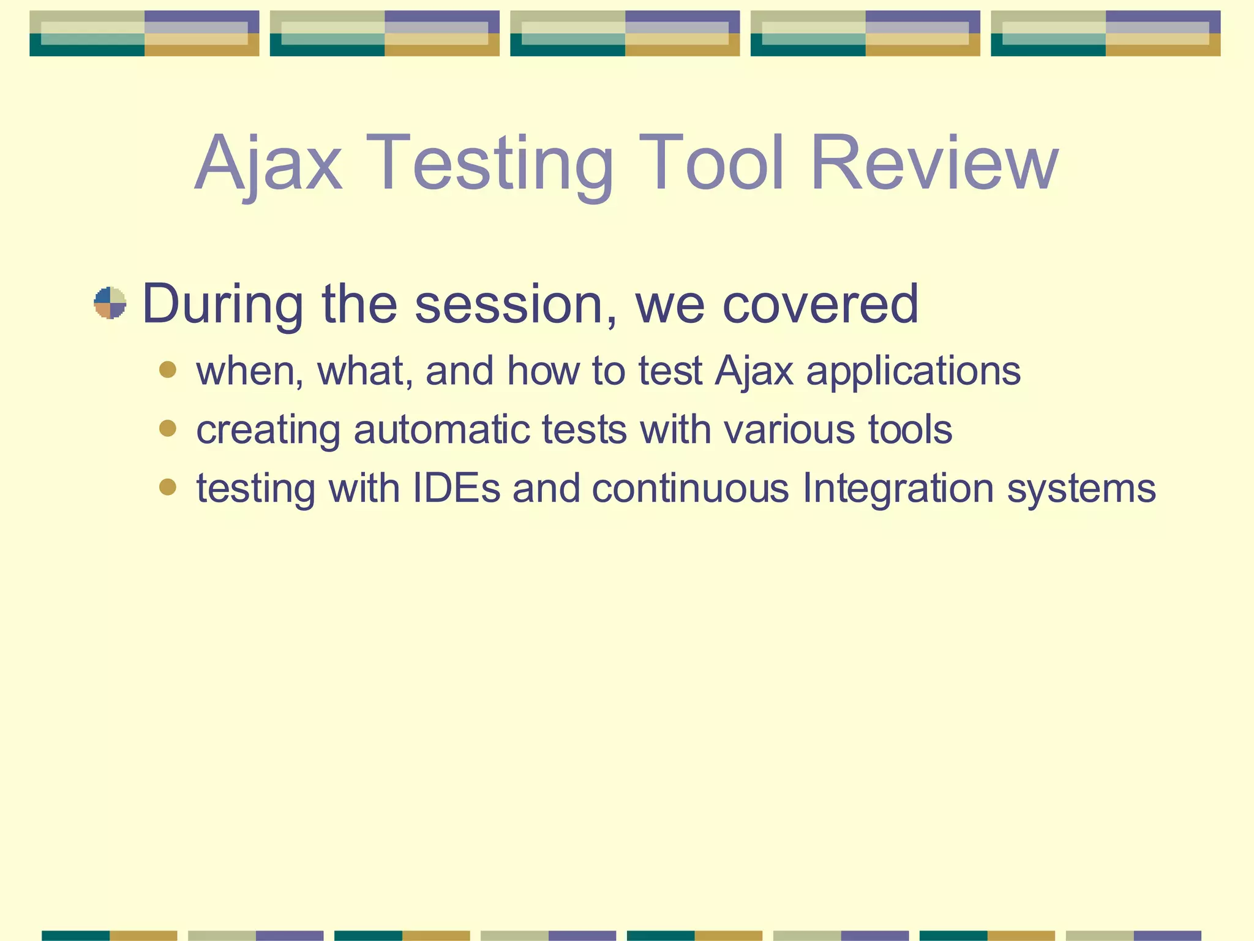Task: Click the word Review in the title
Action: [x=934, y=164]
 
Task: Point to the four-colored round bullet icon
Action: [x=110, y=303]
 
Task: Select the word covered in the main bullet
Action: [x=820, y=304]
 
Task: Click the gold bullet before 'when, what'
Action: [x=167, y=369]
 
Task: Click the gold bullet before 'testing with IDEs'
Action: [x=167, y=487]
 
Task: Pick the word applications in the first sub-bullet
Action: [x=913, y=372]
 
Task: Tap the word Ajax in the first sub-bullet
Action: [x=754, y=372]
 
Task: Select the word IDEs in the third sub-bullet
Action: [x=457, y=488]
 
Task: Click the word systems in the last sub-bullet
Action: [x=1081, y=489]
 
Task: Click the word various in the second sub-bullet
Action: [x=790, y=429]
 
